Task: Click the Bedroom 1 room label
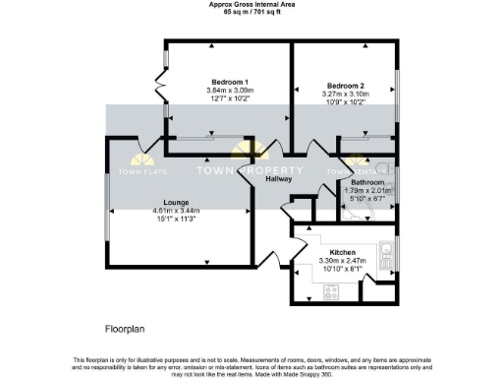pyautogui.click(x=230, y=82)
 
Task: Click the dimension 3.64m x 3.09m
pyautogui.click(x=230, y=91)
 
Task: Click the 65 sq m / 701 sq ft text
pyautogui.click(x=251, y=13)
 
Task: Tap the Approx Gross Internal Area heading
pyautogui.click(x=251, y=5)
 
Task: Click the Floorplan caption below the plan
pyautogui.click(x=128, y=325)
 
